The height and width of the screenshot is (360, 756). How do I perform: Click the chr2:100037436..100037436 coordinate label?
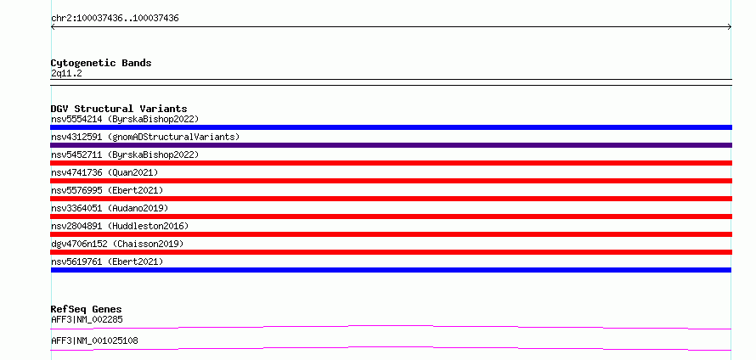coord(115,19)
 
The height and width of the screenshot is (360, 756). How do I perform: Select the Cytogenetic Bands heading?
coord(101,63)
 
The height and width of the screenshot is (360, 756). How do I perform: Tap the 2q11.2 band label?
coord(66,74)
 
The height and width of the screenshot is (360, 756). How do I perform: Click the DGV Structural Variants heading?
coord(119,109)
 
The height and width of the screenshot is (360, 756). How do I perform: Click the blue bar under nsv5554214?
coord(391,127)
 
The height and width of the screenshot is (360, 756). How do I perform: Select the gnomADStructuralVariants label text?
coord(173,137)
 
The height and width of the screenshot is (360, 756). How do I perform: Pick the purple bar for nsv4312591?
coord(391,145)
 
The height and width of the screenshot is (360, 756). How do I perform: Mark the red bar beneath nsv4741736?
coord(391,181)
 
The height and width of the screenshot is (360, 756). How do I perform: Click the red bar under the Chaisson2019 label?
coord(391,252)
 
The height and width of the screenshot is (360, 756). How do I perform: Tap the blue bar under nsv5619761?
coord(391,270)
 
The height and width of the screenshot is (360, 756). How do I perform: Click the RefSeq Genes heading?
coord(87,309)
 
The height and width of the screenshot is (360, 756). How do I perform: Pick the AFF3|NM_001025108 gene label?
coord(94,340)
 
